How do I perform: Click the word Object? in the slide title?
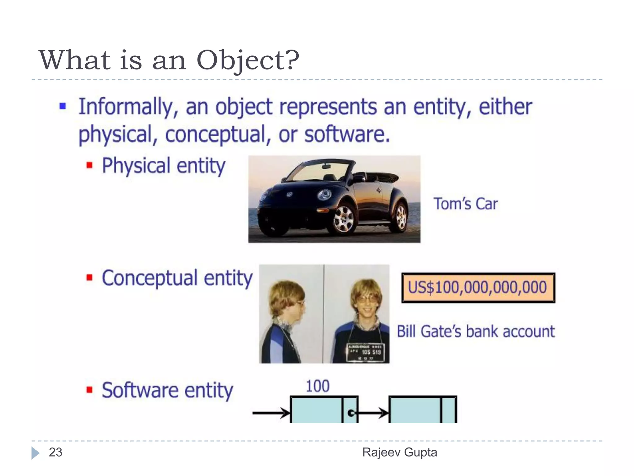pyautogui.click(x=248, y=60)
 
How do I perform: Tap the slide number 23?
pyautogui.click(x=56, y=452)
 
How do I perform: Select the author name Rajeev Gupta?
pyautogui.click(x=400, y=452)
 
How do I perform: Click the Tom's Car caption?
pyautogui.click(x=466, y=204)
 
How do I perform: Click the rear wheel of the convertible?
pyautogui.click(x=401, y=217)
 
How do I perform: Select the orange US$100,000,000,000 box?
pyautogui.click(x=478, y=288)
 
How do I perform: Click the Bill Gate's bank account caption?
pyautogui.click(x=475, y=332)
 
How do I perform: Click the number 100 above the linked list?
pyautogui.click(x=318, y=386)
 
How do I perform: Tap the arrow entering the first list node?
pyautogui.click(x=271, y=413)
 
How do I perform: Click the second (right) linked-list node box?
pyautogui.click(x=422, y=410)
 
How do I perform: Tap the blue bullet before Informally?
pyautogui.click(x=63, y=107)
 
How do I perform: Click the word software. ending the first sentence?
pyautogui.click(x=347, y=134)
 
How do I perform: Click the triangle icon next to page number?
pyautogui.click(x=35, y=453)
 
